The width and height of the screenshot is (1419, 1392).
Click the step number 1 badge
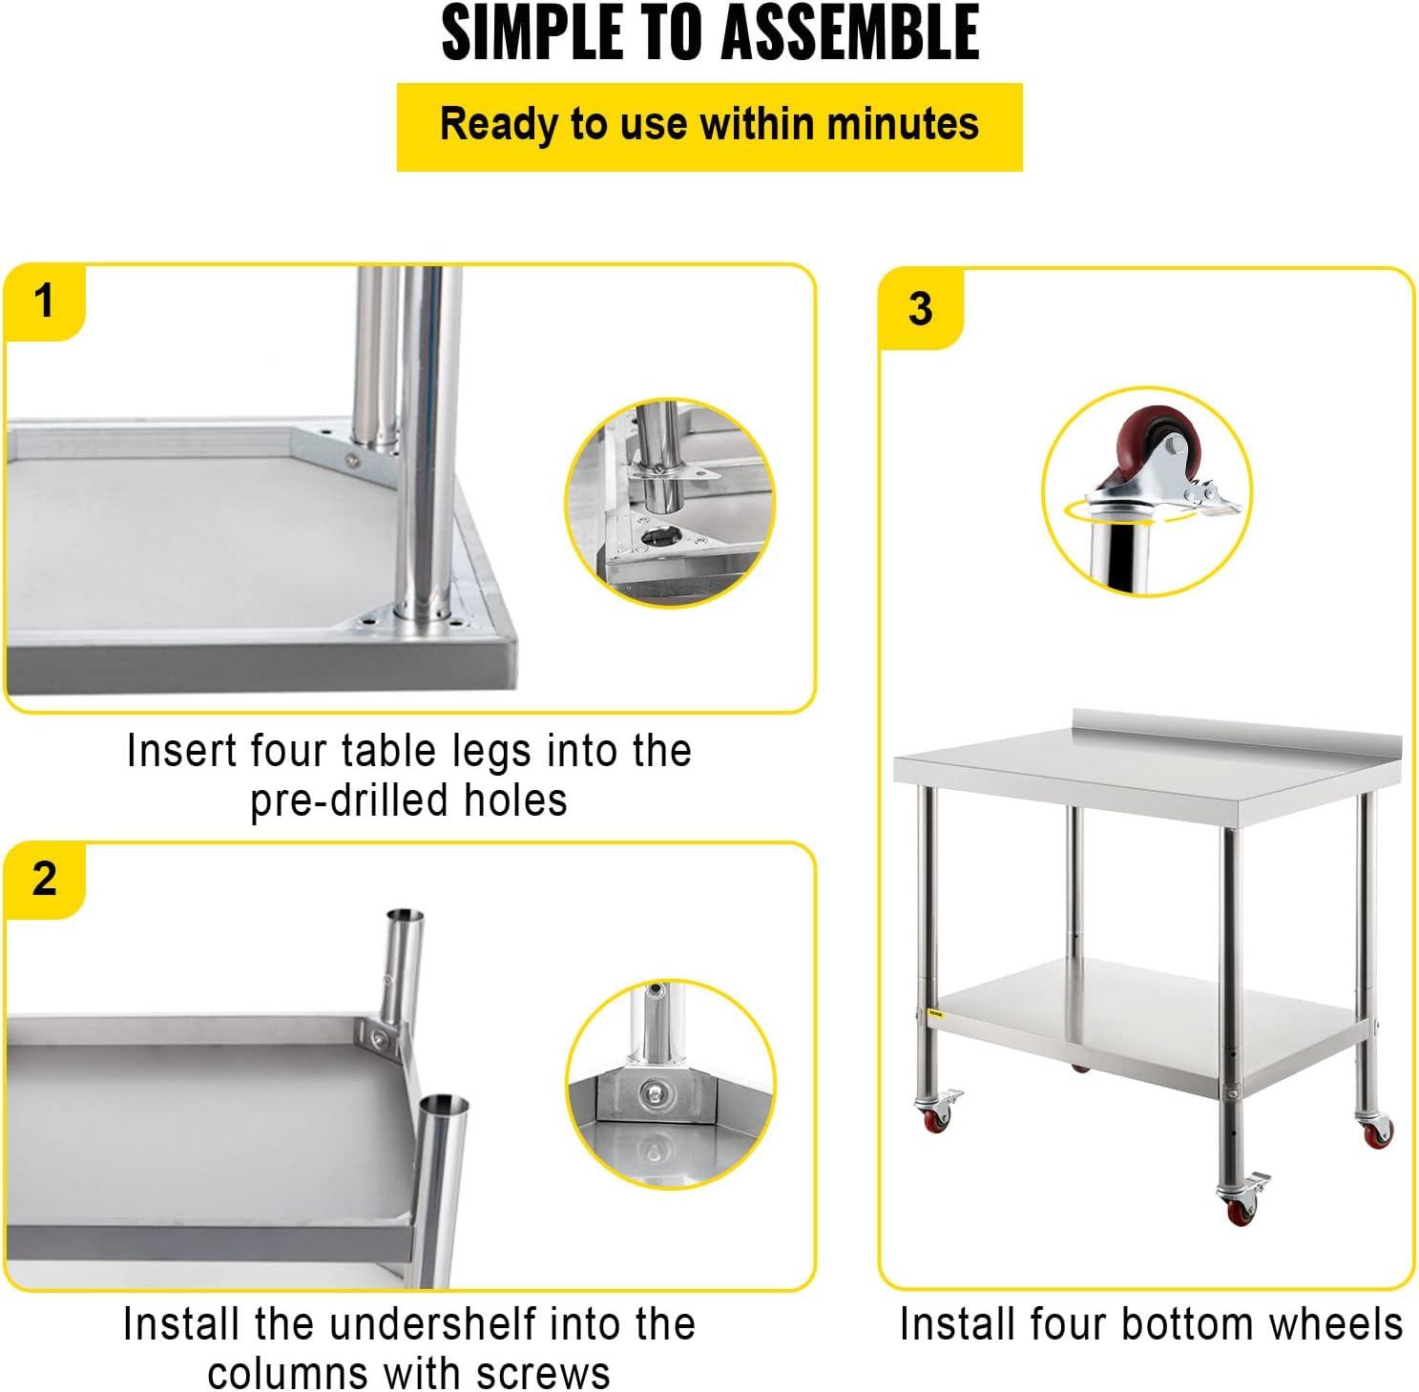click(44, 301)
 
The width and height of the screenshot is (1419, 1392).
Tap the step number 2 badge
click(44, 879)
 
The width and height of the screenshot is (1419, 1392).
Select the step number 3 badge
click(921, 308)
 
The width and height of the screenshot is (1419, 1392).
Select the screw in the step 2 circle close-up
click(653, 1091)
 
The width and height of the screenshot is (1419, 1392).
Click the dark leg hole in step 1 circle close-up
click(657, 539)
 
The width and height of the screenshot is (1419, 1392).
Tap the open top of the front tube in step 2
click(446, 1106)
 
